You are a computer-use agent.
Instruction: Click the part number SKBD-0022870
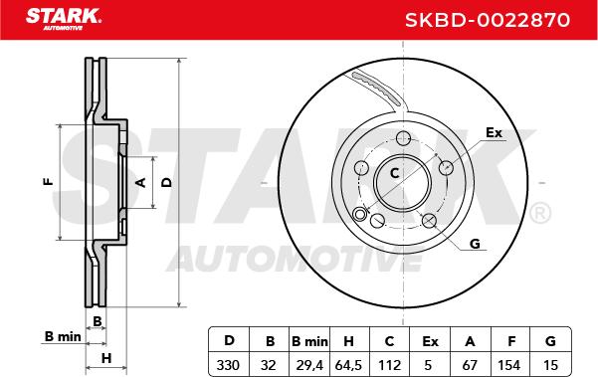point(488,20)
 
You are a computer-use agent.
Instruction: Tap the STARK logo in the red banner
point(64,18)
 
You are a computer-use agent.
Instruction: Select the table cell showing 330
point(228,365)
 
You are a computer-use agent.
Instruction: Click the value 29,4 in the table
point(309,366)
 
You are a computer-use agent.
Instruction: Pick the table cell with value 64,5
point(348,366)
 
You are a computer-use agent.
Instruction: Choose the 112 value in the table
point(389,365)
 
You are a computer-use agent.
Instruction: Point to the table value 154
point(508,365)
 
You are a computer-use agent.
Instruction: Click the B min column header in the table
point(309,341)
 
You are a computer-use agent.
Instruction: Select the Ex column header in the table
point(430,341)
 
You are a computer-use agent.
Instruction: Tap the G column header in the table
point(550,341)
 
